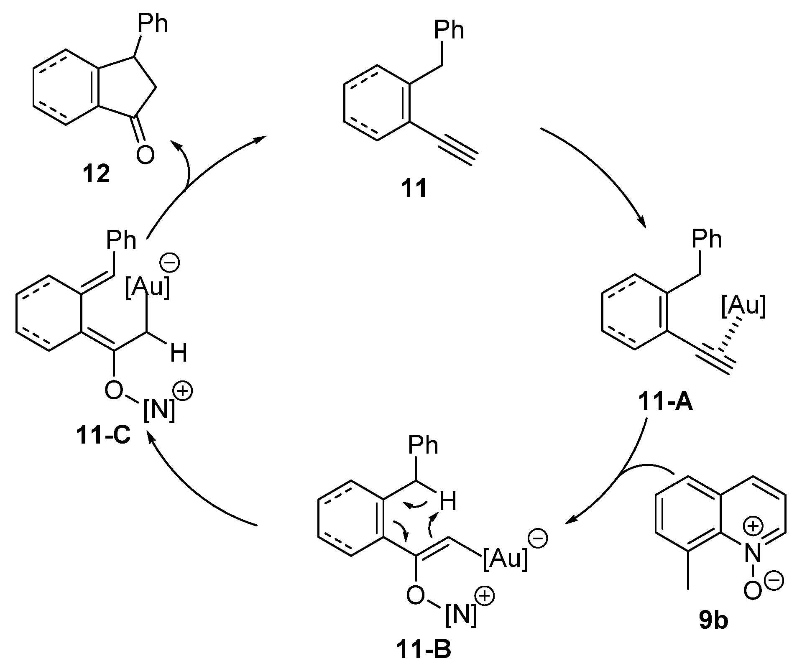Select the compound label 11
pos(414,189)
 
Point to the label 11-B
pos(423,651)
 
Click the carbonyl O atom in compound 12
pos(145,156)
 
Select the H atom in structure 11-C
pos(179,353)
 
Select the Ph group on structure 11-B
pos(423,447)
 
